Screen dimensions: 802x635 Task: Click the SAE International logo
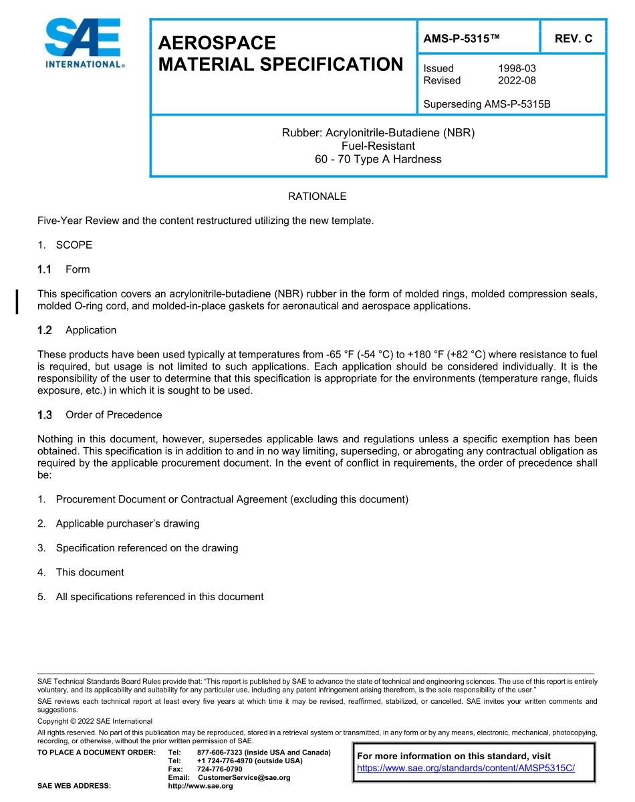(83, 43)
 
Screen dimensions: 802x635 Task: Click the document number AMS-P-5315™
(462, 39)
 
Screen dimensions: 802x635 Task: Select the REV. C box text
(573, 39)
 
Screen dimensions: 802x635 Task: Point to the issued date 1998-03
(517, 68)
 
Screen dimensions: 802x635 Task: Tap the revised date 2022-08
(517, 80)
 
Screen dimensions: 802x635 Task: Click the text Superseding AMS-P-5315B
(487, 104)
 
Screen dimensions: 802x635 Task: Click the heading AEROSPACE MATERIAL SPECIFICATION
(280, 53)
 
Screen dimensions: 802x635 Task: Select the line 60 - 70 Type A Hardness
(378, 159)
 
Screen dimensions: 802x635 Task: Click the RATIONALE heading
(317, 196)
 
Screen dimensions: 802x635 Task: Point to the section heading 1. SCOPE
(65, 245)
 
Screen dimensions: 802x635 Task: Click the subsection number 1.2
(45, 330)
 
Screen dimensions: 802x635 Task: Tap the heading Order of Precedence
(114, 415)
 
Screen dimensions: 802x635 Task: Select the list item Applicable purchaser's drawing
(128, 523)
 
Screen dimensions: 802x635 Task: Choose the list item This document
(90, 572)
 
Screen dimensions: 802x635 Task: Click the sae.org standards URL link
(466, 768)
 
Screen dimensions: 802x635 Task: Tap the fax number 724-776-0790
(220, 769)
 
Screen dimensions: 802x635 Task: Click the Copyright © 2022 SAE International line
(95, 721)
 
